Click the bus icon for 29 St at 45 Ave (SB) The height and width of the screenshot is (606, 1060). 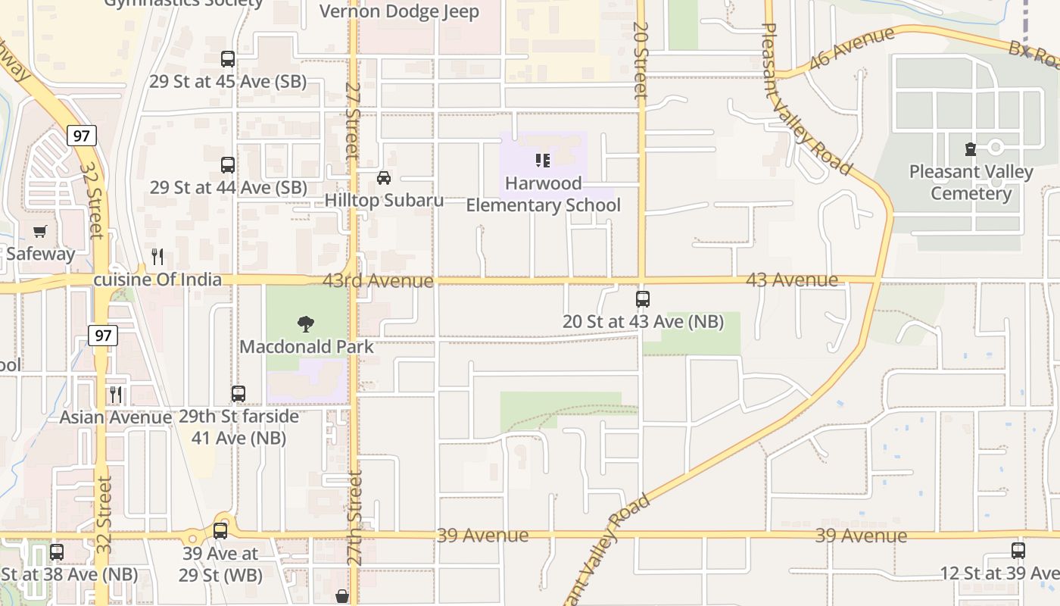click(x=227, y=59)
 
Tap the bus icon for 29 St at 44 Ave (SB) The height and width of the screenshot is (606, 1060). click(x=227, y=164)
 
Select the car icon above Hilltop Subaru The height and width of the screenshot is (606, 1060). click(x=384, y=178)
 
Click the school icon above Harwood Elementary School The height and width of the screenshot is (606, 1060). click(x=542, y=160)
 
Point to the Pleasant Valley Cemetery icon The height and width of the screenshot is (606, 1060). click(x=971, y=149)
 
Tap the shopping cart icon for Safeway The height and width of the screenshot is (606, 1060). click(x=40, y=231)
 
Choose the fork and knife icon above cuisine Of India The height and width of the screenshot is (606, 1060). click(x=157, y=257)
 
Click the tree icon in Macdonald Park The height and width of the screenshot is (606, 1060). click(x=306, y=324)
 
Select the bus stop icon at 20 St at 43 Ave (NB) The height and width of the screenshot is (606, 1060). click(x=642, y=299)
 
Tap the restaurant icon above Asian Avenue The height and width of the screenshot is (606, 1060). click(x=115, y=394)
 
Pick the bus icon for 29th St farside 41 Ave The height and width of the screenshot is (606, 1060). click(x=238, y=394)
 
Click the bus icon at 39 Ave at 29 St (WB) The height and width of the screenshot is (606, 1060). click(x=220, y=530)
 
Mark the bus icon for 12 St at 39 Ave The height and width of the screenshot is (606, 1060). click(x=1018, y=551)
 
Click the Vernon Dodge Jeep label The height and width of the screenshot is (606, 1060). click(x=399, y=11)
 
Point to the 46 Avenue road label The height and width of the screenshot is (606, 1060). click(x=851, y=48)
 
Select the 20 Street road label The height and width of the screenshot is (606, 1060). click(x=641, y=61)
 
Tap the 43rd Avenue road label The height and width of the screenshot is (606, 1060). click(x=378, y=281)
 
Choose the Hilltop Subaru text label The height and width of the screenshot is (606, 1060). click(x=384, y=200)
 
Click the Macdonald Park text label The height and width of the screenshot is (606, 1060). click(x=307, y=347)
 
